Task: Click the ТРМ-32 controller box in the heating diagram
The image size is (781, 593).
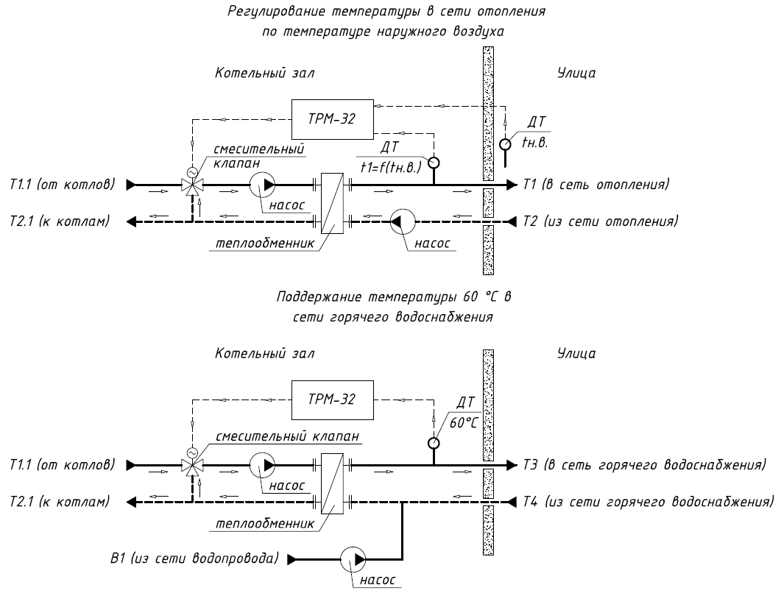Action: (x=332, y=119)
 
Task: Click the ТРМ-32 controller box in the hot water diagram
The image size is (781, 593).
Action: (x=332, y=400)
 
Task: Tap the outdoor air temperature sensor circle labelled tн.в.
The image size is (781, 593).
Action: (x=505, y=144)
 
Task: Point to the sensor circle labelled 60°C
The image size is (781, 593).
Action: (x=434, y=443)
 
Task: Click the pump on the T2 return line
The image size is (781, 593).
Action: (x=403, y=221)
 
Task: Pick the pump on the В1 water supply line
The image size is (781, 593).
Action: (x=353, y=559)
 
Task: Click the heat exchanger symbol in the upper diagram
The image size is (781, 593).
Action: (x=332, y=203)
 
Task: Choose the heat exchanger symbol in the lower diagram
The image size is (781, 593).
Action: (x=332, y=483)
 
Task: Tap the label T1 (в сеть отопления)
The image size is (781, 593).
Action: (x=596, y=185)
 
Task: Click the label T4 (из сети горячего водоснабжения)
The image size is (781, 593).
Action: (x=648, y=501)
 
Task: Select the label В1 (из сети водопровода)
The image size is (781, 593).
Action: (x=194, y=558)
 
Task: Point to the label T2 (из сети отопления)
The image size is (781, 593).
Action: (x=600, y=221)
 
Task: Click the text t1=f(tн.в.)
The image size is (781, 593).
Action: (x=391, y=167)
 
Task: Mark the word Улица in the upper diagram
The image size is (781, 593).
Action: (x=576, y=73)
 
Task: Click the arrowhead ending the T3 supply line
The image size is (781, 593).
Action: (x=512, y=466)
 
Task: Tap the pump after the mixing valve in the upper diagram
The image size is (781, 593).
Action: (x=263, y=185)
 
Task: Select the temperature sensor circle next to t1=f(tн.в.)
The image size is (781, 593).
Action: (x=434, y=163)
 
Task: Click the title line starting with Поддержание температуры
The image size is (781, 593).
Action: (x=394, y=297)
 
